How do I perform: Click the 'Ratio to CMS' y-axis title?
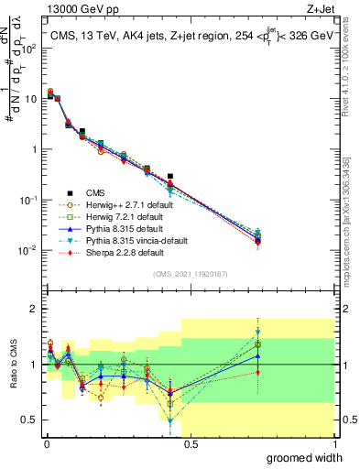coord(12,364)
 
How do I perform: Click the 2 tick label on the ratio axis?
coord(32,309)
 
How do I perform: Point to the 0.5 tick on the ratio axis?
coord(28,420)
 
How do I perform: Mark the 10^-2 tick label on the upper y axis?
coord(26,250)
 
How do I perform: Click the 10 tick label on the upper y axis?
coord(29,98)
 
